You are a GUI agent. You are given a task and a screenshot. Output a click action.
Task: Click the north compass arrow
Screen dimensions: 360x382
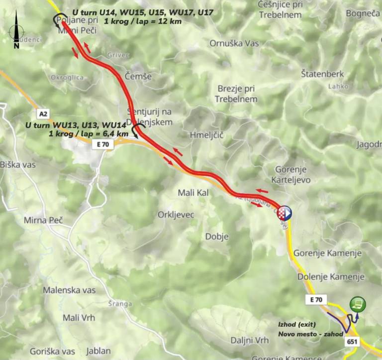(16, 30)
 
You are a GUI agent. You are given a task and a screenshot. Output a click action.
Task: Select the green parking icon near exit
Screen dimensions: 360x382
(357, 303)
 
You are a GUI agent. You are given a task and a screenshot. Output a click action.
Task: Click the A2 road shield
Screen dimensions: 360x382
(43, 114)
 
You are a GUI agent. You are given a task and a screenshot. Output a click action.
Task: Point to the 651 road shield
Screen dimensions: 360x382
(352, 342)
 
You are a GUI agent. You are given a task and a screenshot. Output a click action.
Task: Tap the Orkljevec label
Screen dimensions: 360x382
(176, 215)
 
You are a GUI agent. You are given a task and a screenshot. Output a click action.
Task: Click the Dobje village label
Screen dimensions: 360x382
(216, 237)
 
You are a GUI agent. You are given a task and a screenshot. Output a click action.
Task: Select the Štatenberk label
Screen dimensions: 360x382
(322, 74)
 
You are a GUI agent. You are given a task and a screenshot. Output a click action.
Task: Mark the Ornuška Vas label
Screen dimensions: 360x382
(235, 43)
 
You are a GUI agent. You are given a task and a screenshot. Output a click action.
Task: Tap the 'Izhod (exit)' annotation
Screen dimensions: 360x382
(297, 324)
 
